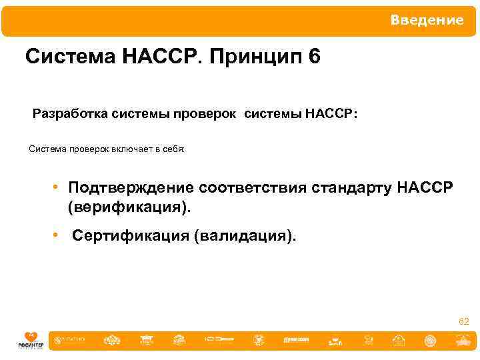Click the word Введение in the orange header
pyautogui.click(x=427, y=21)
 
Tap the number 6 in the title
pyautogui.click(x=314, y=57)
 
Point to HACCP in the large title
pyautogui.click(x=162, y=57)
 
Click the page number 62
pyautogui.click(x=463, y=322)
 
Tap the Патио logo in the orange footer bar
pyautogui.click(x=71, y=339)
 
